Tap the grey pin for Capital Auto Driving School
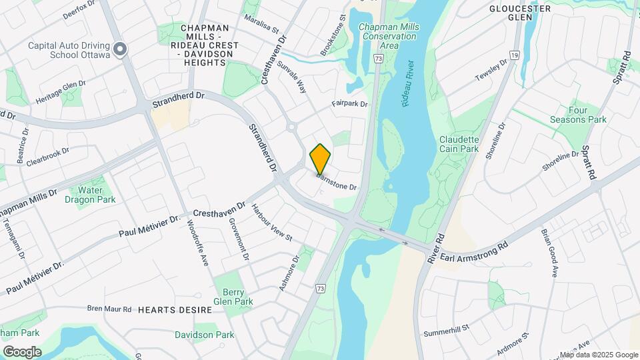tap(120, 49)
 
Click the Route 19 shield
tap(515, 55)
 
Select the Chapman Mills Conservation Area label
tap(388, 36)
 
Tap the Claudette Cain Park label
tap(459, 144)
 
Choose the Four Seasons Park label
tap(578, 115)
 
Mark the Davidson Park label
tap(204, 335)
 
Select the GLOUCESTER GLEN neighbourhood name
tap(520, 13)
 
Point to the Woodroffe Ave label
tap(199, 245)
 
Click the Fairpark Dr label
tap(350, 104)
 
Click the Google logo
tap(22, 352)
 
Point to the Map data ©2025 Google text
tap(598, 355)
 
